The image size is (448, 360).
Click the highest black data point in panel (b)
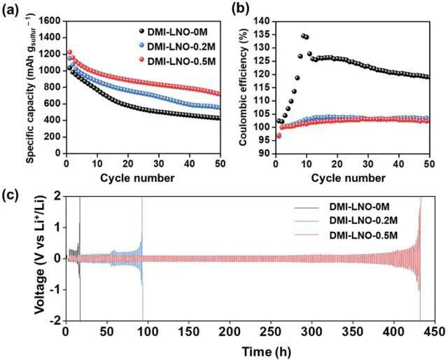303,36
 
